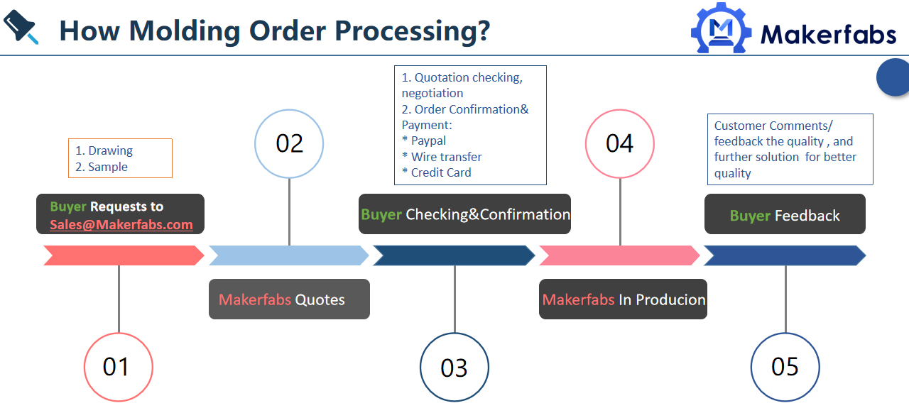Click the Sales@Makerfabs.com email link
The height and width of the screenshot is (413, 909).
tap(121, 224)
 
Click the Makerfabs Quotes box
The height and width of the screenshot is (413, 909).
tap(289, 299)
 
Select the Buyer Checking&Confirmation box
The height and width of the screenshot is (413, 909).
tap(464, 214)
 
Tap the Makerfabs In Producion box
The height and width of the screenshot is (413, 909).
tap(623, 299)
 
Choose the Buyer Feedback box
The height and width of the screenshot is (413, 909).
tap(785, 214)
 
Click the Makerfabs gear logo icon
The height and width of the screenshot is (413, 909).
tap(721, 28)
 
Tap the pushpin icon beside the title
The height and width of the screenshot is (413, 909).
tap(21, 27)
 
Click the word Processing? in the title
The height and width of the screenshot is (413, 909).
tap(413, 32)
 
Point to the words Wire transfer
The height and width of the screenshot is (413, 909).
tap(447, 157)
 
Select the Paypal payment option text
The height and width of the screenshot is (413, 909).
tap(428, 141)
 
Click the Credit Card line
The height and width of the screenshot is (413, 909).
tap(441, 172)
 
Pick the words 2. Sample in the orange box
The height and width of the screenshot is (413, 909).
tap(102, 167)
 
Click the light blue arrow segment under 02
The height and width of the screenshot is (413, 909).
tap(289, 255)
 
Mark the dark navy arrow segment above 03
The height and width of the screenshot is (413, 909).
tap(454, 255)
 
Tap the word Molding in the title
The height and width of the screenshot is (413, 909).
tap(185, 32)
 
